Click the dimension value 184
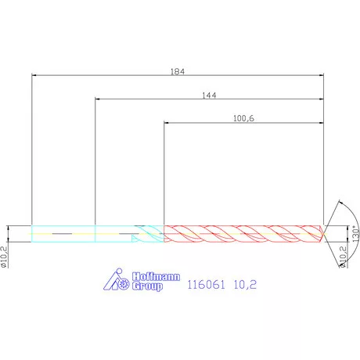(178, 70)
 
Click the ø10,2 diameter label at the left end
(4, 256)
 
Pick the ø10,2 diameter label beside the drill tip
(342, 254)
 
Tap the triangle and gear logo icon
(116, 282)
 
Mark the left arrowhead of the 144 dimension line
(97, 99)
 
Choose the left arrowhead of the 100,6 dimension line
(167, 124)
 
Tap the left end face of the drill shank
(31, 233)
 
